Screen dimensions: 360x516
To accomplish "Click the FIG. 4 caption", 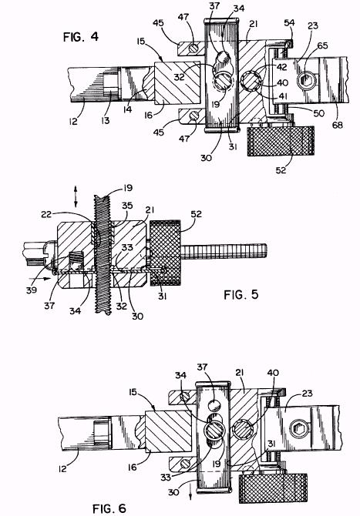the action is click(81, 37).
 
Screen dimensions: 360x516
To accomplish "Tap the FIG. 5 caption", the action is click(241, 294).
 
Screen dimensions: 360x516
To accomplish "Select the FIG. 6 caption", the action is click(109, 508).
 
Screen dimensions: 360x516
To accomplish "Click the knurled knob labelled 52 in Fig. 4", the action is click(281, 141).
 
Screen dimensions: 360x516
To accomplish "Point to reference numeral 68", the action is click(338, 125).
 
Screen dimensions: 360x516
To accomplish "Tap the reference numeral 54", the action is click(290, 22).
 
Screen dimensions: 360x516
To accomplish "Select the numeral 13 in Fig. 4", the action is click(106, 120).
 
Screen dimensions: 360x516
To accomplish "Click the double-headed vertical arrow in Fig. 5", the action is click(76, 197).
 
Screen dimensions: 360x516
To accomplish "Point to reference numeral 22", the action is click(47, 214).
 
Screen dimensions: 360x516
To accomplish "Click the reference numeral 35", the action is click(127, 206).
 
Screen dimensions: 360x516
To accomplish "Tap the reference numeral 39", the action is click(32, 290).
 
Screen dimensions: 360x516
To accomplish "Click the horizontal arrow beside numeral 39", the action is click(42, 278).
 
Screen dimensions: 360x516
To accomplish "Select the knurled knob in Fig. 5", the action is click(165, 253).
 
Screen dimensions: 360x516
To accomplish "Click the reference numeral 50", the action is click(319, 113).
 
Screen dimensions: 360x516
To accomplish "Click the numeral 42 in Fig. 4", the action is click(282, 67).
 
